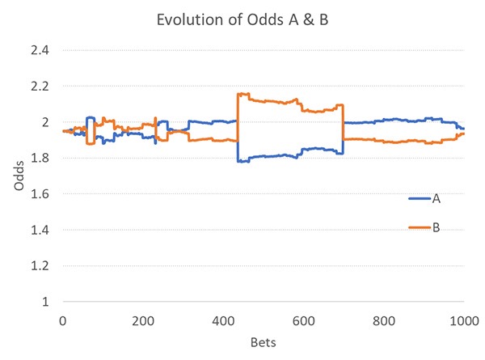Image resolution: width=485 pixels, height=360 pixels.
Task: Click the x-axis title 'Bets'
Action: [x=264, y=342]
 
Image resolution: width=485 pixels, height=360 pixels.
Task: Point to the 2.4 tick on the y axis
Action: [x=40, y=50]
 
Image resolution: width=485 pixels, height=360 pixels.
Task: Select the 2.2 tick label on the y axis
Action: [x=40, y=86]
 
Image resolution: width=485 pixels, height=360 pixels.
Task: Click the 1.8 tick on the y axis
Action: [x=40, y=158]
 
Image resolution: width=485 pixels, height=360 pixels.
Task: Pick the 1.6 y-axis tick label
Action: [x=40, y=194]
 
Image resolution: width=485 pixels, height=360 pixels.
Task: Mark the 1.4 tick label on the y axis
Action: [x=40, y=230]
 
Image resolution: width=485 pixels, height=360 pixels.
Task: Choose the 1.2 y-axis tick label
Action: [x=40, y=265]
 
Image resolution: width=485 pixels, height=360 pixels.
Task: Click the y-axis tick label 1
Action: [x=46, y=302]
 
